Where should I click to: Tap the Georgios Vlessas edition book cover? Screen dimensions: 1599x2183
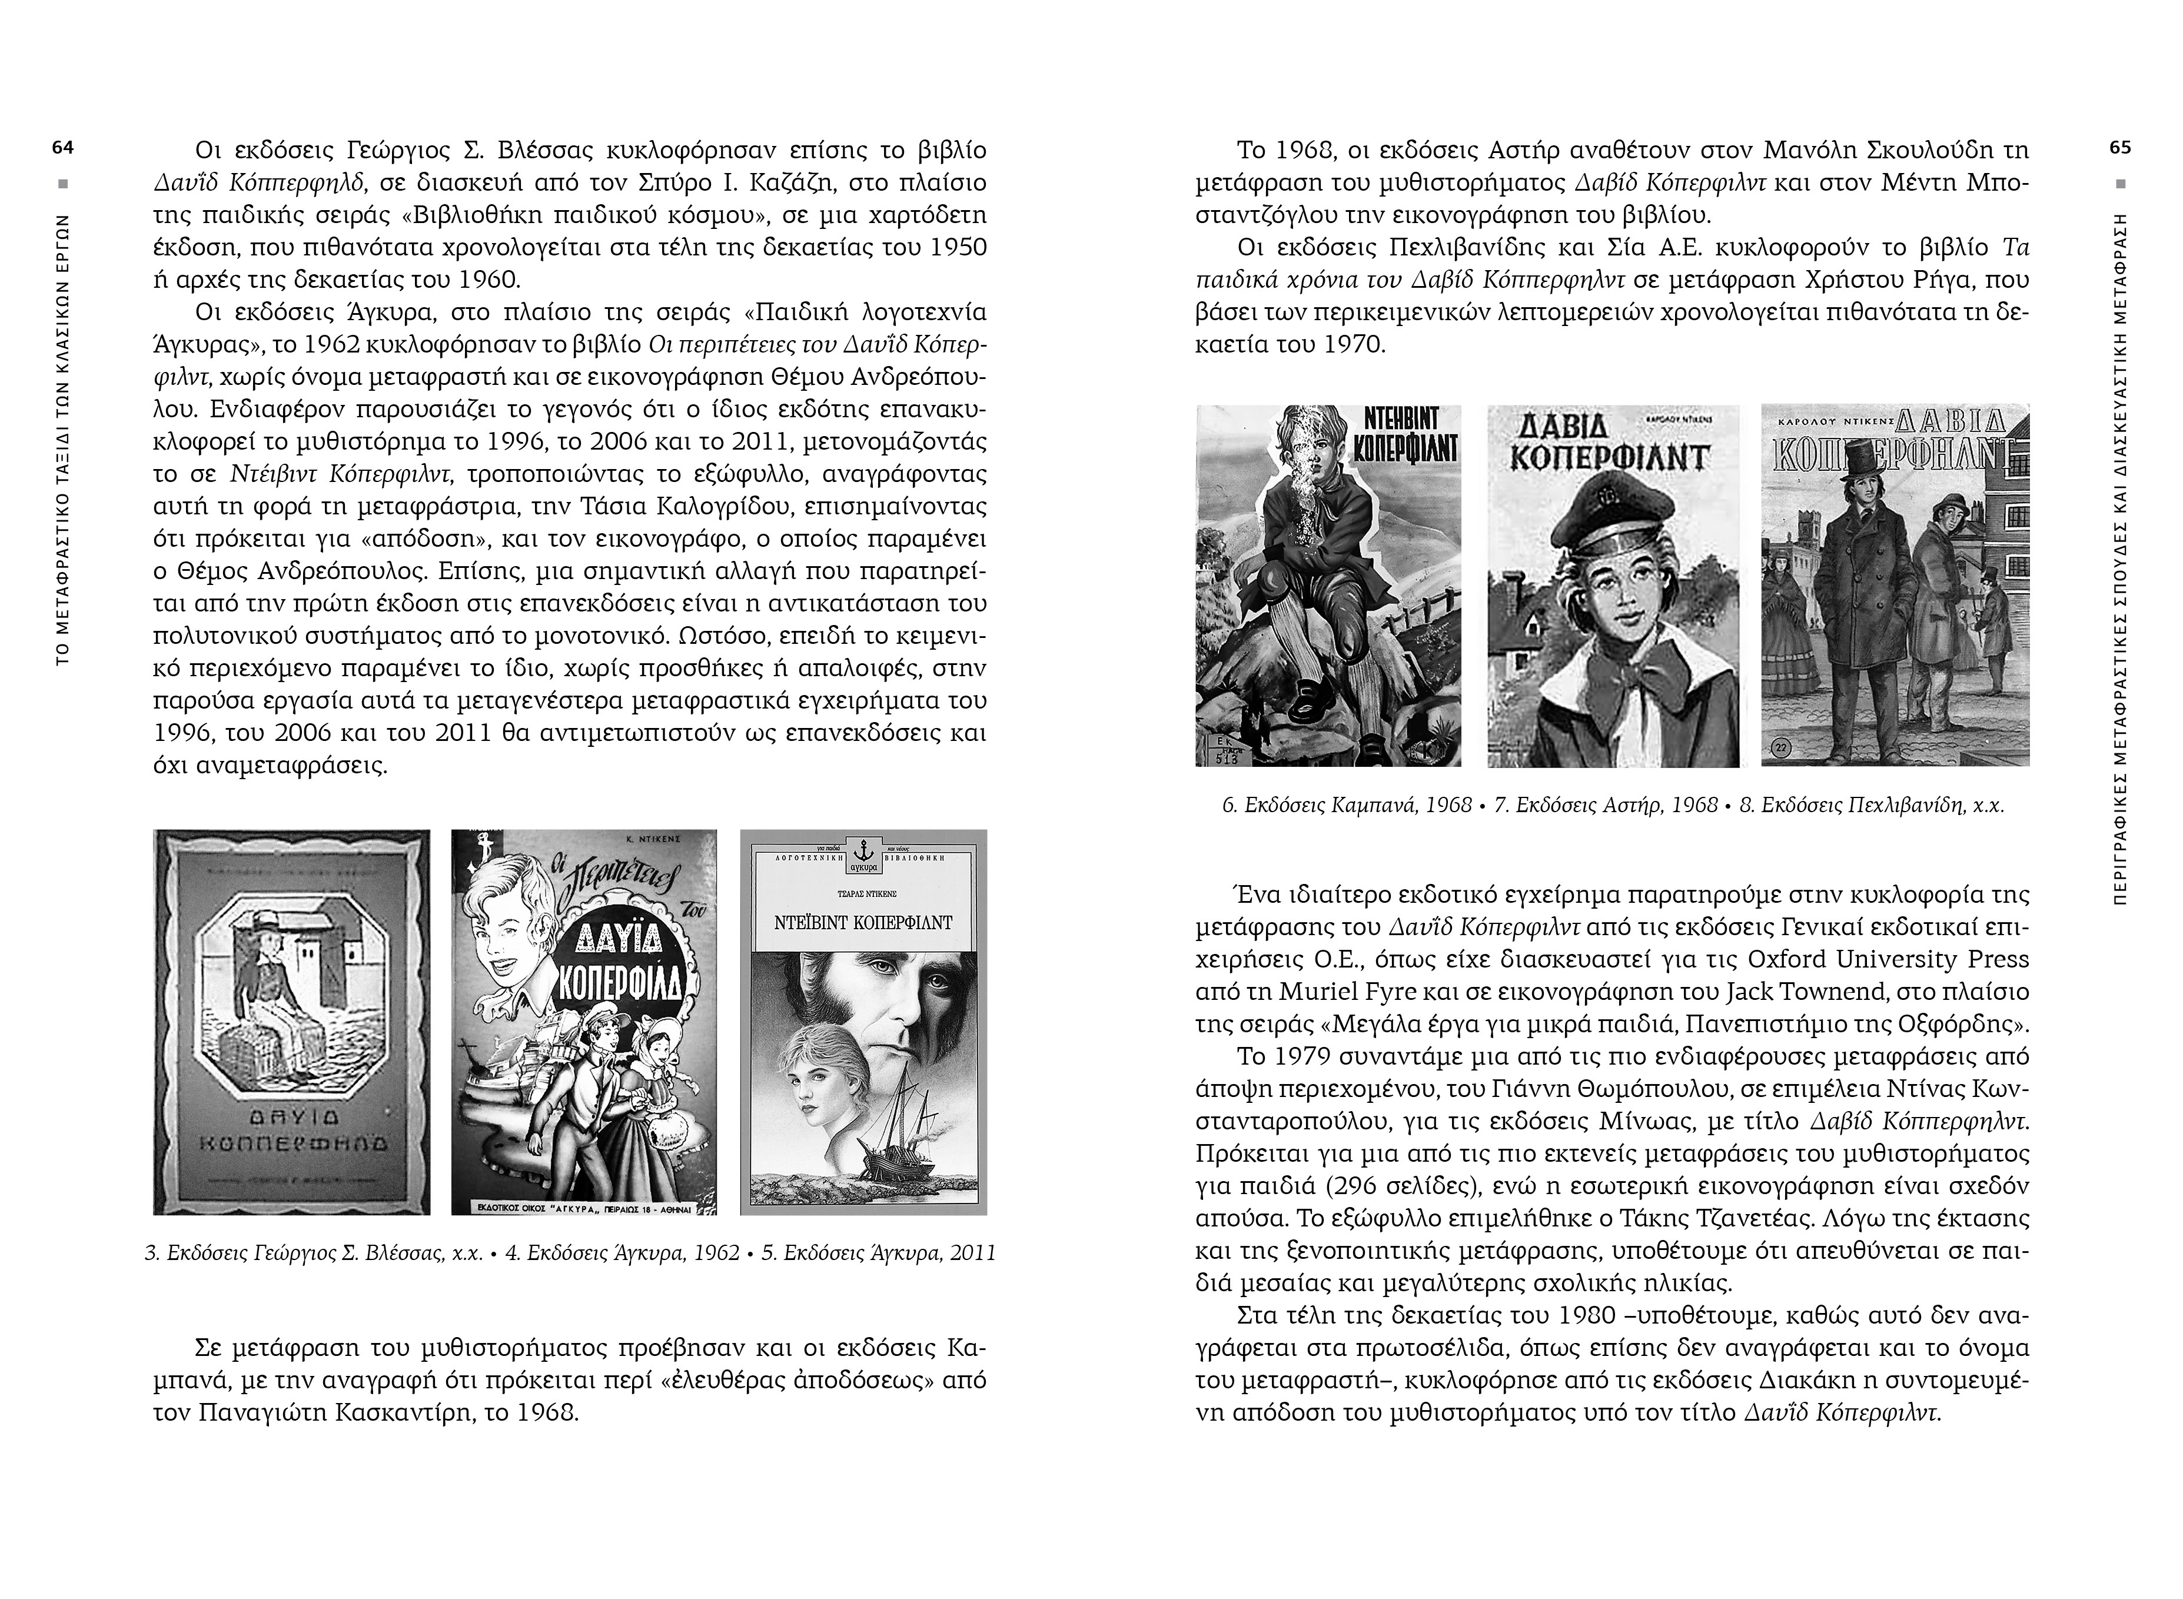[291, 1021]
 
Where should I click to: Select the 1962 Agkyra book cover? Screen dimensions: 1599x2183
[584, 1021]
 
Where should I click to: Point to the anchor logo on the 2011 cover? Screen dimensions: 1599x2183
[863, 849]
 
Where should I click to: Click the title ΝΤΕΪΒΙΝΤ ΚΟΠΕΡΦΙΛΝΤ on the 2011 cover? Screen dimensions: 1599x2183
[863, 922]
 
